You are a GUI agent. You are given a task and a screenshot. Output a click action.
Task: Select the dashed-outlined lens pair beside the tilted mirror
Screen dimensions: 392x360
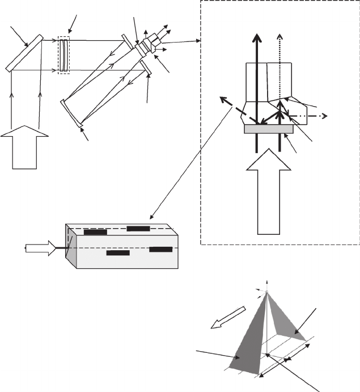pyautogui.click(x=63, y=55)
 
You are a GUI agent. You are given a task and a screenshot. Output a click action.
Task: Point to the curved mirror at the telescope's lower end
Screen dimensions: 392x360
pyautogui.click(x=71, y=112)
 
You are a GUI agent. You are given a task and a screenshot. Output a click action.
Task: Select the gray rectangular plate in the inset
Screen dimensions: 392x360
pyautogui.click(x=268, y=129)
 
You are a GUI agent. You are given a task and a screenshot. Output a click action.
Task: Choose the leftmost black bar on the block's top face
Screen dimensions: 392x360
pyautogui.click(x=95, y=231)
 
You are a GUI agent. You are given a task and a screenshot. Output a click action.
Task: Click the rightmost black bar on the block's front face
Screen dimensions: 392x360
pyautogui.click(x=161, y=249)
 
